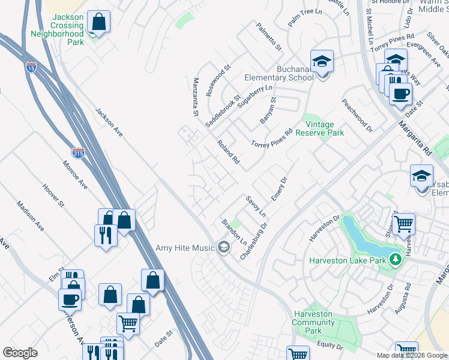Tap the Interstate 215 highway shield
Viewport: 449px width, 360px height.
click(x=78, y=153)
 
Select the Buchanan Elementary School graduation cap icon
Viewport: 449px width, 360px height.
click(x=322, y=62)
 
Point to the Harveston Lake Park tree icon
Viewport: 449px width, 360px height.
click(x=394, y=260)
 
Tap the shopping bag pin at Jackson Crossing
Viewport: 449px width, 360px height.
click(x=98, y=23)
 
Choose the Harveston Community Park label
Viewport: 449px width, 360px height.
click(x=313, y=322)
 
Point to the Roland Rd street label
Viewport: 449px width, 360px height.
click(x=229, y=152)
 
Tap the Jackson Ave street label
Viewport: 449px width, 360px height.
click(x=109, y=122)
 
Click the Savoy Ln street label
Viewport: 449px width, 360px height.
click(x=255, y=205)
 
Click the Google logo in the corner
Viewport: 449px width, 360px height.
click(x=20, y=353)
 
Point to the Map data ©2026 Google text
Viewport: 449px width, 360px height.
click(x=412, y=355)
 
